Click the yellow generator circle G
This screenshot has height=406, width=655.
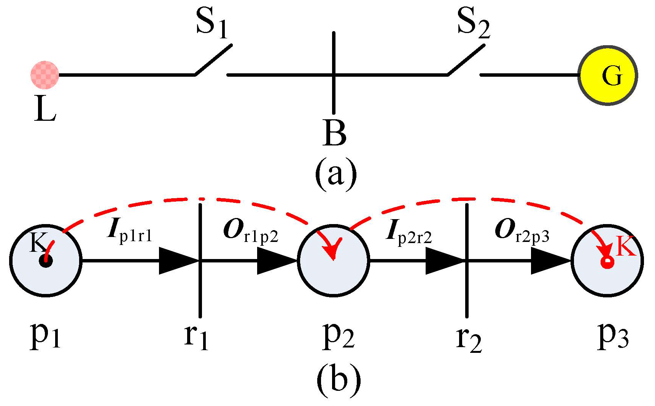(607, 76)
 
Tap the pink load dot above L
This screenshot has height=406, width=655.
(45, 75)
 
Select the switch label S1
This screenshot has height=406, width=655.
(211, 24)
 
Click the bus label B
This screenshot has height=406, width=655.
(334, 133)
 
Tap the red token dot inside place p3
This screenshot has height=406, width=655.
(607, 262)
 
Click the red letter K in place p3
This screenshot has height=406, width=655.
(626, 246)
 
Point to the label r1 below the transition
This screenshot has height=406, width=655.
(196, 336)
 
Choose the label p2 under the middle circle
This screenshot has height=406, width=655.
(338, 336)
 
